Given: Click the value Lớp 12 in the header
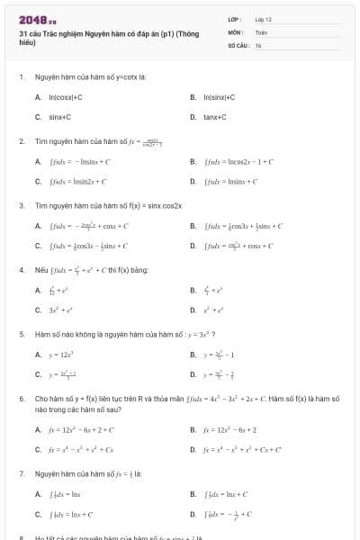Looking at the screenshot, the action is (263, 18).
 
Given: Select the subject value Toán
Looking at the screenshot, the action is (261, 31).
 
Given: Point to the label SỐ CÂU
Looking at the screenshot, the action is (237, 44).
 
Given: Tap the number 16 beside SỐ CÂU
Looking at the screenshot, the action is (258, 44).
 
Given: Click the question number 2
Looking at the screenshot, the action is (21, 141).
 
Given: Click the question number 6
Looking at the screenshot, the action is (21, 397).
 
